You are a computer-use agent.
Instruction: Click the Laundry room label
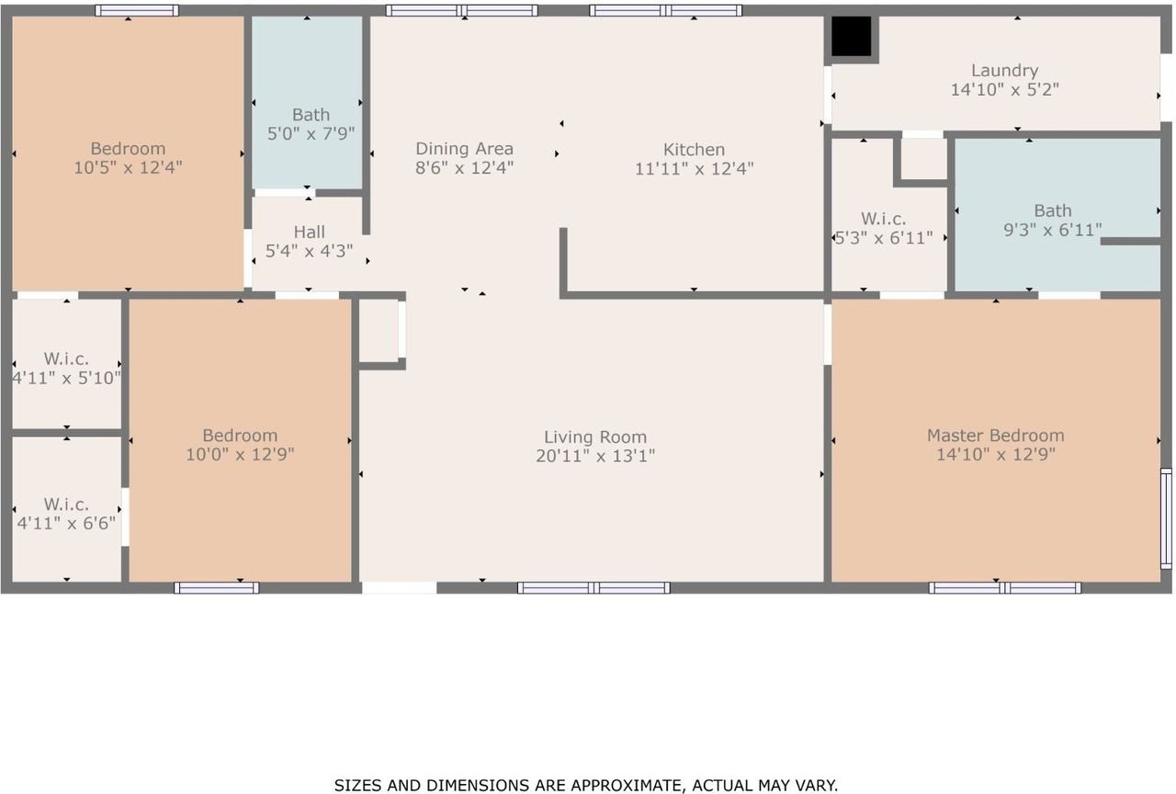[x=1004, y=71]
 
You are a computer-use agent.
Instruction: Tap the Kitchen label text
[x=694, y=150]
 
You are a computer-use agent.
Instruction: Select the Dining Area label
[x=464, y=149]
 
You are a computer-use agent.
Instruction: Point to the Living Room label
[x=594, y=437]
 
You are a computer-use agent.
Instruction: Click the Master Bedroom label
[x=995, y=436]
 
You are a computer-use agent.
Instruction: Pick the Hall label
[x=309, y=232]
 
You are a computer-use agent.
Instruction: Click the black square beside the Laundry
[x=851, y=35]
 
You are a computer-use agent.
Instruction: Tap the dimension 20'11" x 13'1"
[x=595, y=456]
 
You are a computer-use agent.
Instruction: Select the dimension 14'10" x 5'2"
[x=1004, y=90]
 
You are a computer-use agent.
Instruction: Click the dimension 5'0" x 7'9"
[x=311, y=134]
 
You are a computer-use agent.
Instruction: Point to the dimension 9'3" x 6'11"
[x=1053, y=230]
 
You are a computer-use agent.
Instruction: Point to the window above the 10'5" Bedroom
[x=137, y=10]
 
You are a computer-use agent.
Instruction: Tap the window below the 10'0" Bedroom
[x=216, y=587]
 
